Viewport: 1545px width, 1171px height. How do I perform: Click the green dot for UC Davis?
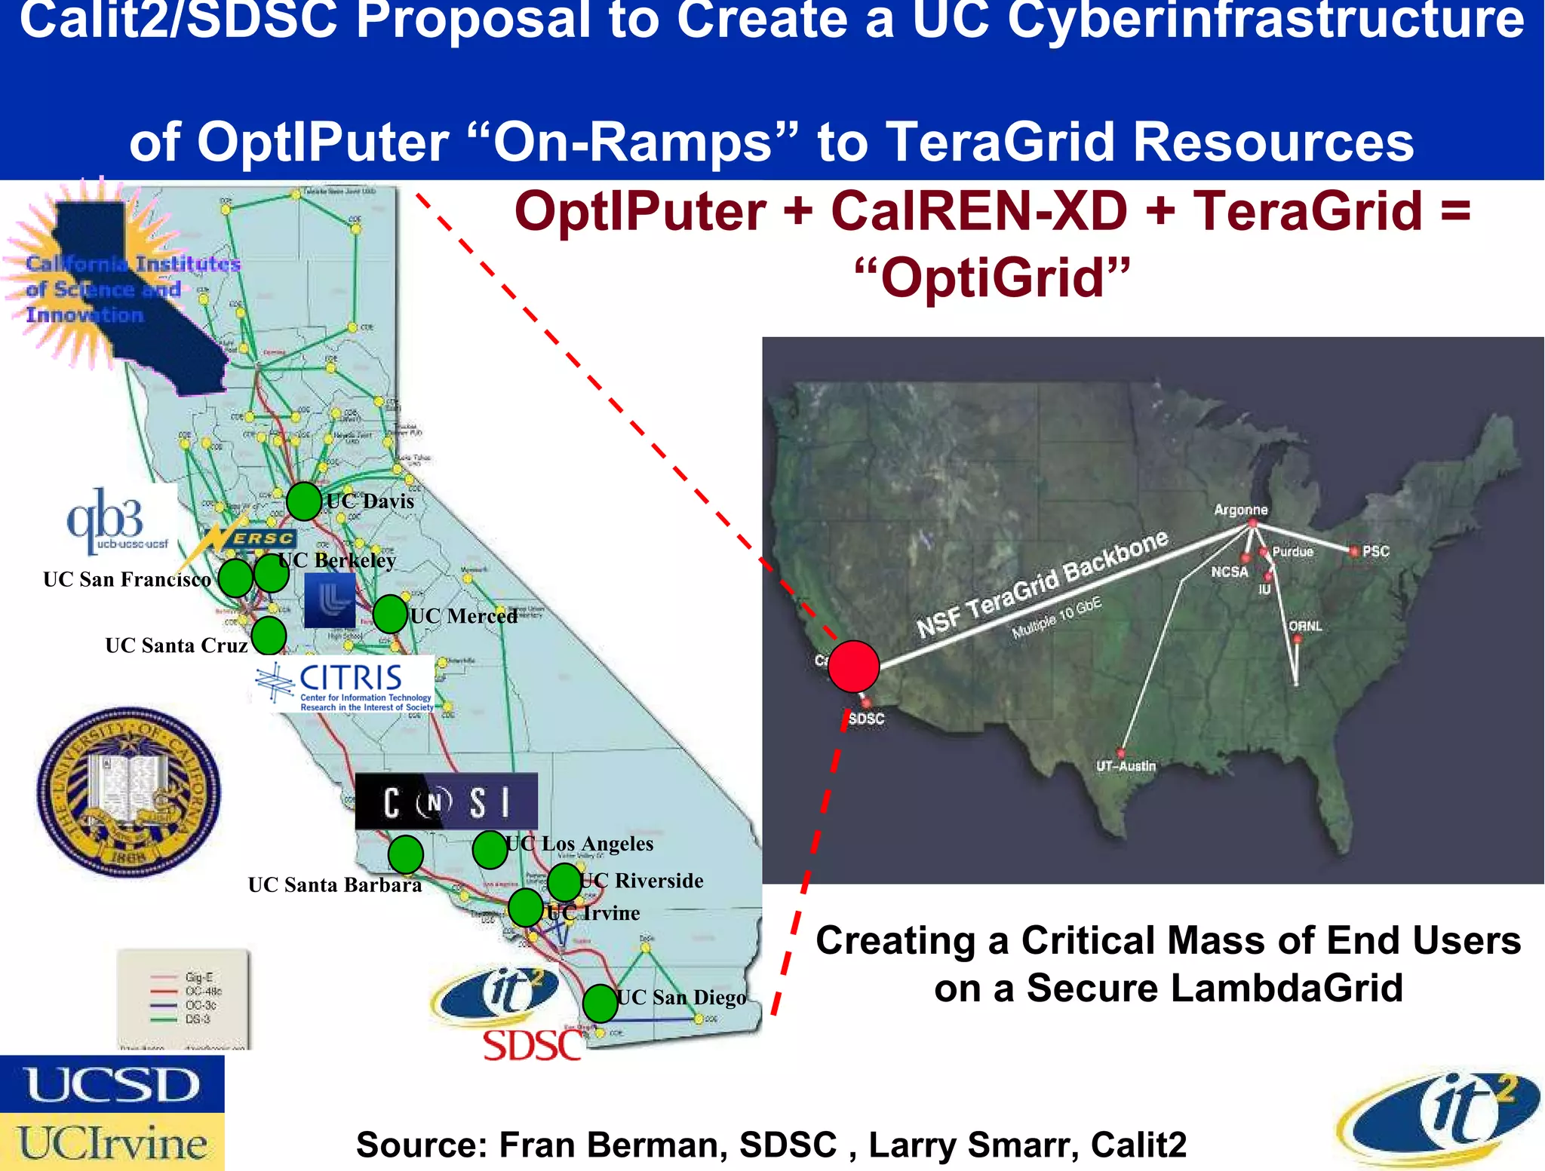[304, 501]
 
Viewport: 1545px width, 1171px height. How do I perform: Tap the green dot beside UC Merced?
[390, 614]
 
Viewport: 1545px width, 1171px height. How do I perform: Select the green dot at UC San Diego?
[600, 1004]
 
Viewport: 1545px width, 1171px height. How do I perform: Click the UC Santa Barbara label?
[335, 884]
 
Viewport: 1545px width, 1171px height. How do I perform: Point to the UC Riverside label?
[642, 881]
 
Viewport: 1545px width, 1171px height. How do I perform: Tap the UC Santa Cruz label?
[177, 645]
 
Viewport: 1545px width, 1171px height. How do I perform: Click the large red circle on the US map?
[853, 667]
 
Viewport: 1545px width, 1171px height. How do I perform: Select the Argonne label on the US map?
[1240, 510]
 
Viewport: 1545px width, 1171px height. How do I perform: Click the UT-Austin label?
[1126, 766]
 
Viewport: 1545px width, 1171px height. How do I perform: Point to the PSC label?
[1375, 551]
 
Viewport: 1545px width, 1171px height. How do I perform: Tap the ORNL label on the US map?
[1305, 626]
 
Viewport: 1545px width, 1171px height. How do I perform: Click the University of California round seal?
[129, 792]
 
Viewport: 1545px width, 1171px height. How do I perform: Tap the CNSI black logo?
[446, 802]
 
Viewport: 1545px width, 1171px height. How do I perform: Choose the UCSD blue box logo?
[112, 1084]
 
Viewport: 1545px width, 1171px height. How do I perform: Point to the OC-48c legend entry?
[203, 992]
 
